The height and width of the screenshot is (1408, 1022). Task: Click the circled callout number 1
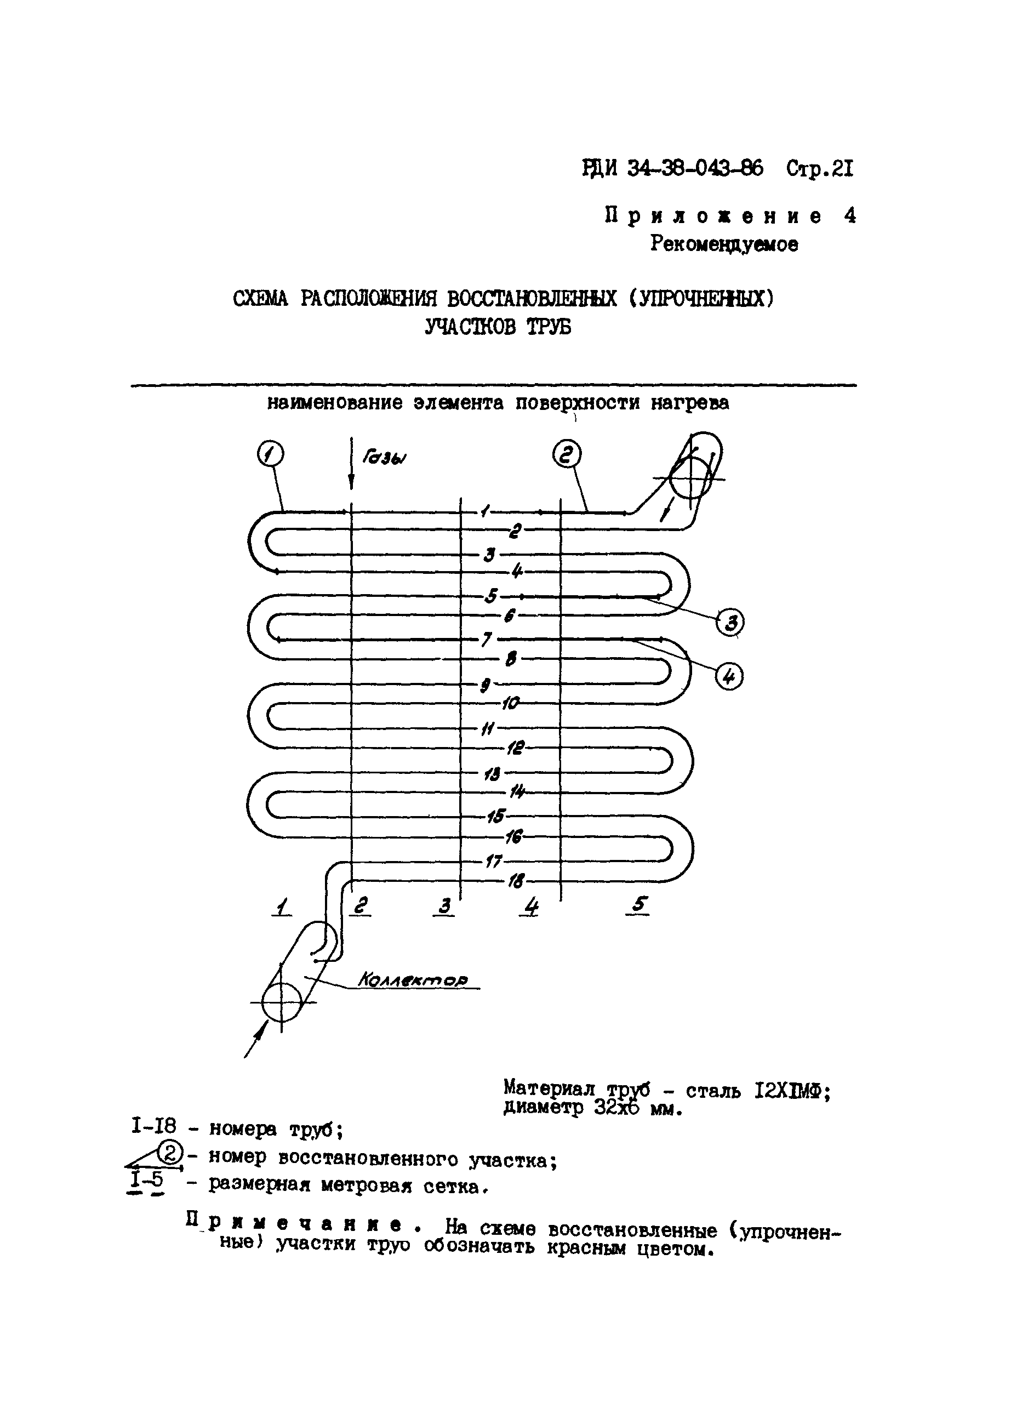270,454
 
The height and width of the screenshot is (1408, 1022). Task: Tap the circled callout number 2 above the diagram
566,455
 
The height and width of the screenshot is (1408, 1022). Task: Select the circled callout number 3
730,622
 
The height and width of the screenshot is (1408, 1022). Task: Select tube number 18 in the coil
515,880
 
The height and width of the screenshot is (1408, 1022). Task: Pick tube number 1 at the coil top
484,511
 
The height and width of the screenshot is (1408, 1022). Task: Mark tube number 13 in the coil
492,773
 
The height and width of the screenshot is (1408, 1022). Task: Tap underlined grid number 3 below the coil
445,907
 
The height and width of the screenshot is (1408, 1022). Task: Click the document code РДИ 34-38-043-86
673,168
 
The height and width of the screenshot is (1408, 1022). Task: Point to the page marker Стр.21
820,168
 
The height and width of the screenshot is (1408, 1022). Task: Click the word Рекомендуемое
724,244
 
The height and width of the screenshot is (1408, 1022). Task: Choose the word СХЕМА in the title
261,299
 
